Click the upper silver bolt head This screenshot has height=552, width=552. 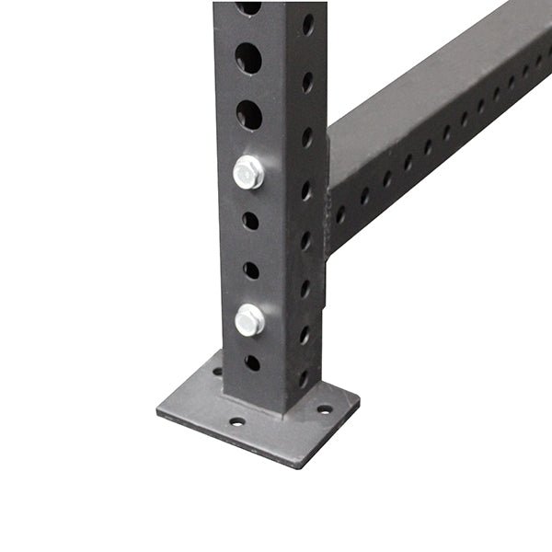(247, 172)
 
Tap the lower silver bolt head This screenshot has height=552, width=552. (249, 319)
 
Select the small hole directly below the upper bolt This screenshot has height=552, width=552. (250, 221)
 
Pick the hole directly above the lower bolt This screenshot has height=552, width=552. (251, 270)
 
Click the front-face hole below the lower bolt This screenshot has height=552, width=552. (252, 362)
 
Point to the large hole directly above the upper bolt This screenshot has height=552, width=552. (248, 115)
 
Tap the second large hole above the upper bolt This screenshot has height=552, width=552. (247, 58)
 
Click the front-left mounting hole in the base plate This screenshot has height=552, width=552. (237, 421)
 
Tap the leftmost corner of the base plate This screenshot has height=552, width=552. (158, 410)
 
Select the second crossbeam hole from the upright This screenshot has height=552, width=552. (364, 196)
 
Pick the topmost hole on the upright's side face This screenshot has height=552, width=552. (307, 24)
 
